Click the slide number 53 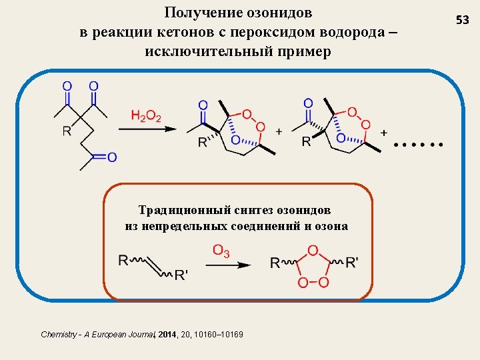tap(462, 21)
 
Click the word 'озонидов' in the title tap(281, 13)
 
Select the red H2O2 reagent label tap(146, 117)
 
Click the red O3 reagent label tap(221, 251)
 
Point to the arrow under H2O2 tap(153, 129)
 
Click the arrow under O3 tap(227, 265)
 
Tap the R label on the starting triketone tap(67, 131)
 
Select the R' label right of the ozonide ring tap(352, 263)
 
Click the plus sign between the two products tap(279, 131)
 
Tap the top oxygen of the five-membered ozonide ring tap(313, 251)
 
